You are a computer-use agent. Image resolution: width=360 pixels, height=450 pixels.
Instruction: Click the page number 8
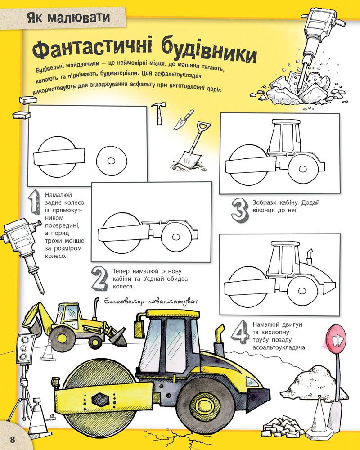(13, 439)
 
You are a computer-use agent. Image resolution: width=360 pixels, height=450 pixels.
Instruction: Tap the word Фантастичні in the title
(92, 48)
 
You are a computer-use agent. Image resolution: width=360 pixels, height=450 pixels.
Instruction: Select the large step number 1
(34, 202)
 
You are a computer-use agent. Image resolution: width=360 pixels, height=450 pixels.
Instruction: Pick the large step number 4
(240, 332)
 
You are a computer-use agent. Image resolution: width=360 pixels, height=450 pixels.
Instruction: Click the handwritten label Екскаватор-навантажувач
(151, 301)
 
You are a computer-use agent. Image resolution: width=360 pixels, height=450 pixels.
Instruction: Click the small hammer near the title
(158, 113)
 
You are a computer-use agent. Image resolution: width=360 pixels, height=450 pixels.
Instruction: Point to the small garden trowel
(183, 119)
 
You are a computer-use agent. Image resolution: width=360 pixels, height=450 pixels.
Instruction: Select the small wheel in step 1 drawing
(112, 161)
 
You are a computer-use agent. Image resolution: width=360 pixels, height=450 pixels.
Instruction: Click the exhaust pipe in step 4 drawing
(310, 256)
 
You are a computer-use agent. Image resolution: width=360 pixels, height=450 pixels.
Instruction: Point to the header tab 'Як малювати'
(68, 17)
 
